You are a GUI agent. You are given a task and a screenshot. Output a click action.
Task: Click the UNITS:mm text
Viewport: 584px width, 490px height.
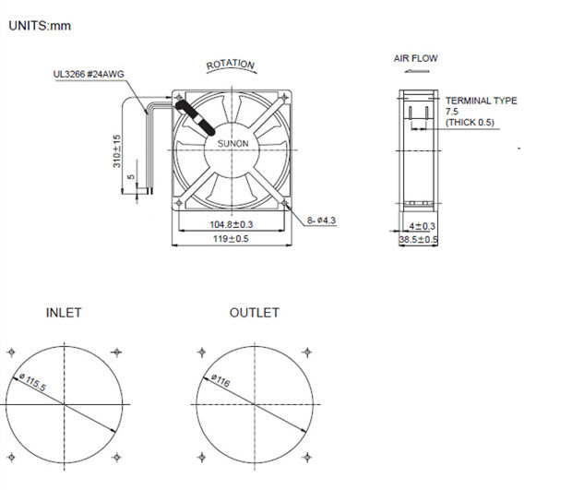[x=40, y=26]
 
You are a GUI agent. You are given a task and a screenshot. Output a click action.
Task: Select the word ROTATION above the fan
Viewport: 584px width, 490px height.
[x=230, y=65]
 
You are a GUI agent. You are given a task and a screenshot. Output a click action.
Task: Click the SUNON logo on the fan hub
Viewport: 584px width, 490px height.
[x=232, y=144]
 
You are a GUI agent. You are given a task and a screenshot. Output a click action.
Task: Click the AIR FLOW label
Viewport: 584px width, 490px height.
[x=416, y=58]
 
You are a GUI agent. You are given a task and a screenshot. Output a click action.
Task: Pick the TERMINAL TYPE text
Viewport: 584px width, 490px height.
[x=481, y=101]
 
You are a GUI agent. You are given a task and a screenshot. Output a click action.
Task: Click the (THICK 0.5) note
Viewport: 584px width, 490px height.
[x=470, y=122]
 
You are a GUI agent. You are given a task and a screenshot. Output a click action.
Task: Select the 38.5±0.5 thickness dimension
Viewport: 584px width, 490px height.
[x=418, y=240]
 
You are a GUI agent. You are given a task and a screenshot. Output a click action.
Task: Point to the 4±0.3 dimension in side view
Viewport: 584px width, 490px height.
[x=423, y=226]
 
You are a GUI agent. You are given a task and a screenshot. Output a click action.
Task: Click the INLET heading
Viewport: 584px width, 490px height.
[x=64, y=313]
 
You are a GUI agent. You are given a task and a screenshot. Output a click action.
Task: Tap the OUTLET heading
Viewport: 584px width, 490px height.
[x=254, y=313]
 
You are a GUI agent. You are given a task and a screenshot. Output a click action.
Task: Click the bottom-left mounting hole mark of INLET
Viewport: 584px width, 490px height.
[x=11, y=458]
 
